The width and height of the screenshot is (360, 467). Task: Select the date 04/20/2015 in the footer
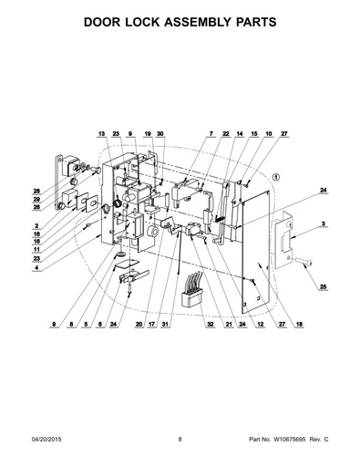click(x=46, y=440)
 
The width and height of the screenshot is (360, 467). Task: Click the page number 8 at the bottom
click(x=180, y=440)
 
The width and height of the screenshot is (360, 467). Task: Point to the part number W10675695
click(x=290, y=440)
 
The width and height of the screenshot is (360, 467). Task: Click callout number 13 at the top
click(x=101, y=134)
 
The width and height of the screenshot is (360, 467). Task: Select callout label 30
click(x=160, y=134)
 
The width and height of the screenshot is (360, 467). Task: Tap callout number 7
click(x=211, y=134)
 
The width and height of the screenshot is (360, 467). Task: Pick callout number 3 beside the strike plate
click(x=324, y=224)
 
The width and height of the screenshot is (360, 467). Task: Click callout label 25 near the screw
click(x=324, y=286)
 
